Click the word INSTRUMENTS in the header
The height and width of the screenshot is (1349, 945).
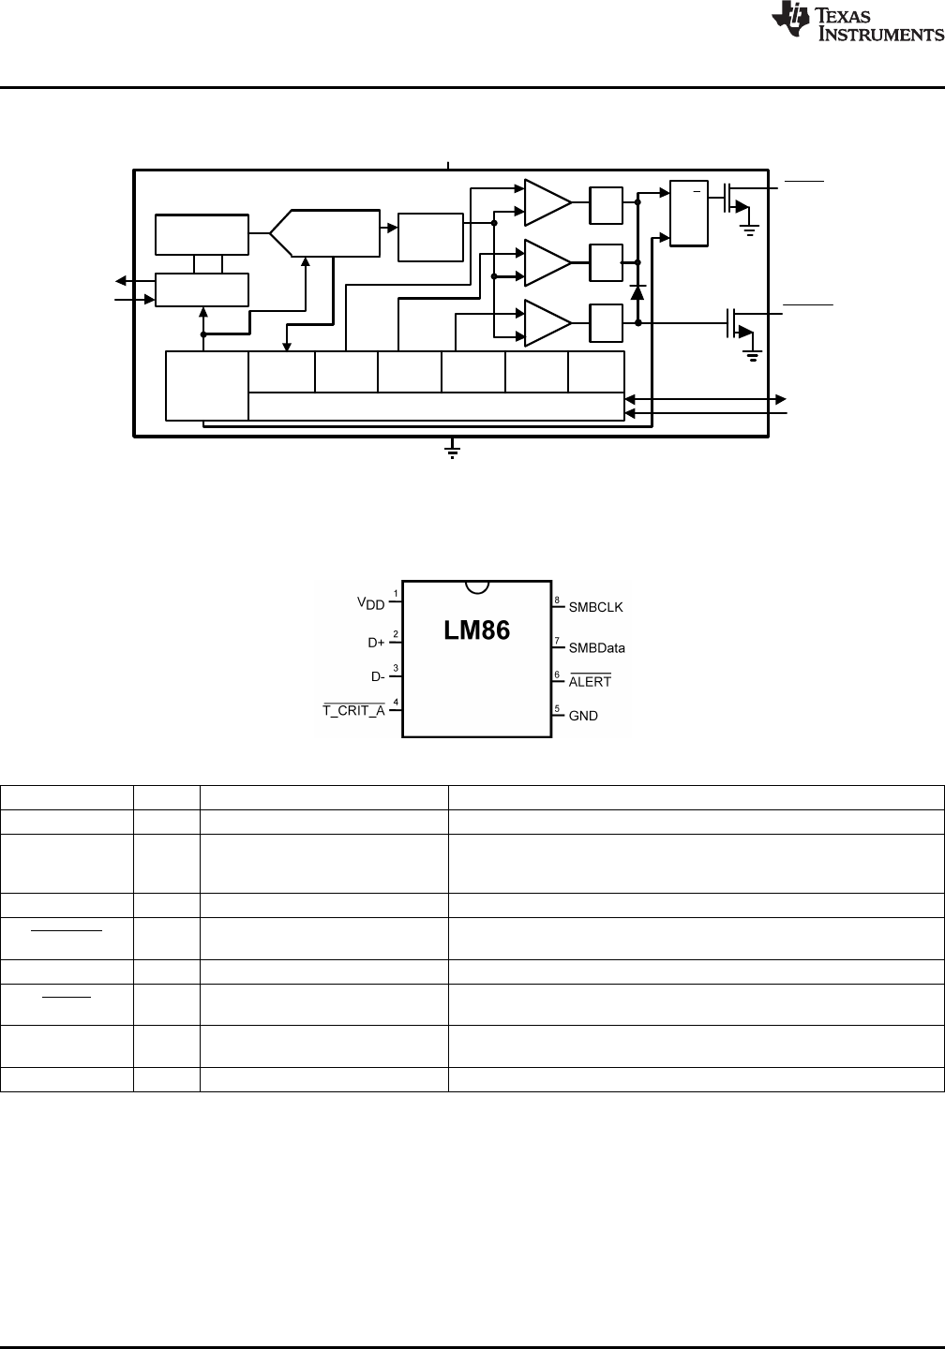click(x=880, y=35)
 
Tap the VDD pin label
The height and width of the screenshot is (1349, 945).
click(x=370, y=603)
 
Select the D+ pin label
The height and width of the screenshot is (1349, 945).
click(x=376, y=643)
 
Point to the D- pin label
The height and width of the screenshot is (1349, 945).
click(x=378, y=677)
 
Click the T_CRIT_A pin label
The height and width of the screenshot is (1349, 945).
click(x=353, y=710)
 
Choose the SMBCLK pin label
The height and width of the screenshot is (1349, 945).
click(x=595, y=607)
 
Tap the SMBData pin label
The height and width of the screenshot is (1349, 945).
click(x=596, y=648)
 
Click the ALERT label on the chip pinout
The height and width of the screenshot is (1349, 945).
click(x=590, y=681)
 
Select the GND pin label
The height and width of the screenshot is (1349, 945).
click(x=583, y=716)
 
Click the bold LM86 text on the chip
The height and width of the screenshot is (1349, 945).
click(x=476, y=630)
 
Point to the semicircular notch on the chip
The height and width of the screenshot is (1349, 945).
click(x=477, y=587)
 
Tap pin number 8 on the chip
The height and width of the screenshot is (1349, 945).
click(x=557, y=600)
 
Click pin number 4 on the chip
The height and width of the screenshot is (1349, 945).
click(x=396, y=702)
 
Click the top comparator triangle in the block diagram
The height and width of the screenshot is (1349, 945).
click(x=547, y=202)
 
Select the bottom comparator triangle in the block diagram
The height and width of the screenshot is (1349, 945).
click(x=547, y=323)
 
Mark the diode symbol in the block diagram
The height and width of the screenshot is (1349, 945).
click(x=637, y=292)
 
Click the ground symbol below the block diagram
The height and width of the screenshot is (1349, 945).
click(x=452, y=451)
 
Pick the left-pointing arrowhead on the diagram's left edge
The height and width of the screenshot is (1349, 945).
click(x=121, y=281)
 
